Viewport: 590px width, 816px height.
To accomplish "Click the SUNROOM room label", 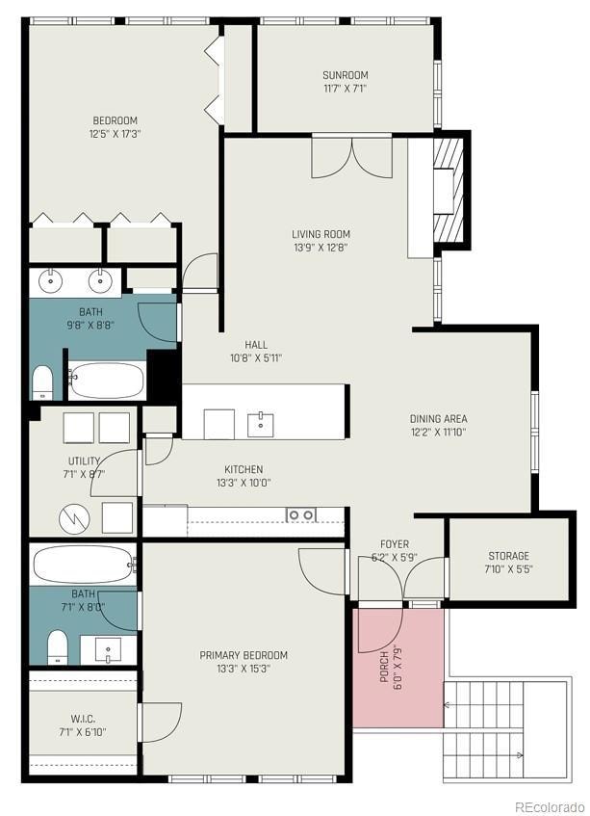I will (345, 75).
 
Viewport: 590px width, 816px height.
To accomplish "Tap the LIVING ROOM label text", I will (321, 234).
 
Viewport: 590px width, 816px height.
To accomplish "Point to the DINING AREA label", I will (438, 419).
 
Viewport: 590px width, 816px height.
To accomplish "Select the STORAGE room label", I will (508, 556).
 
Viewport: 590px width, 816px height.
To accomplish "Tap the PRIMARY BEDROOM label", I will (244, 656).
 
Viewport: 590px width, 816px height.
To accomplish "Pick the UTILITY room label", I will (84, 461).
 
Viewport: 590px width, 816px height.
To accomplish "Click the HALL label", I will (256, 345).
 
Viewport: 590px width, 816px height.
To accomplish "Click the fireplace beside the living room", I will (449, 184).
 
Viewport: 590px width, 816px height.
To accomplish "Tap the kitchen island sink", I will (261, 423).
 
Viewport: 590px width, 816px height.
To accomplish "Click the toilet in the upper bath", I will (43, 382).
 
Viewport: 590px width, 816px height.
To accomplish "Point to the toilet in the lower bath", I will (57, 646).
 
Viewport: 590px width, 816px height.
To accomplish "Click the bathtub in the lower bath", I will (82, 564).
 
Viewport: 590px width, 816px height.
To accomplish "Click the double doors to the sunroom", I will (351, 157).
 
